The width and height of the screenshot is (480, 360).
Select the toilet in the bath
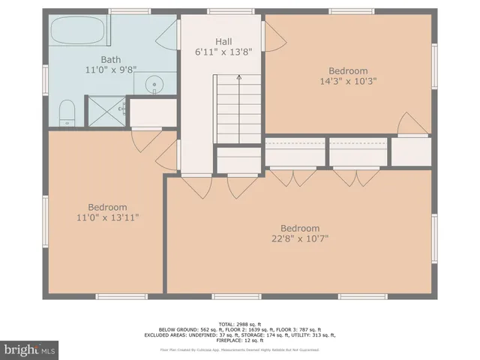point(67,112)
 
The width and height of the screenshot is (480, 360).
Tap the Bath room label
point(111,58)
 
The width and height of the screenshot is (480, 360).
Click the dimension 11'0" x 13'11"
point(107,217)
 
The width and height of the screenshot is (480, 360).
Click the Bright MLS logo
point(30,349)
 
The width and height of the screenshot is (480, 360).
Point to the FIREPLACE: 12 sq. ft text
point(240,341)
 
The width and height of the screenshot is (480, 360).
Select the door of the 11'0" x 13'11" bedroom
point(142,139)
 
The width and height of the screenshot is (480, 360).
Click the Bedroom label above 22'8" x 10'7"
point(300,228)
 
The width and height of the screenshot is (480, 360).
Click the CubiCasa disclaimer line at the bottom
point(240,349)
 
